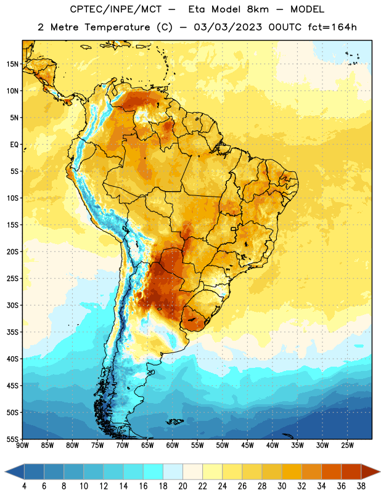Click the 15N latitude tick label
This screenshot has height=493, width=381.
12,64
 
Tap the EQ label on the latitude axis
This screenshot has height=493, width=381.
14,145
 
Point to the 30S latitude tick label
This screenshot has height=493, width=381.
12,305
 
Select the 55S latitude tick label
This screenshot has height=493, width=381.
12,439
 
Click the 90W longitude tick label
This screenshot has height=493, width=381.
22,445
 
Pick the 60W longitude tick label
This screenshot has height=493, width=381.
173,445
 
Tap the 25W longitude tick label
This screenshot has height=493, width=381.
347,445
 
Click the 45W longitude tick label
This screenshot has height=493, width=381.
247,445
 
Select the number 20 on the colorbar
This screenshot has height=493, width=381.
182,486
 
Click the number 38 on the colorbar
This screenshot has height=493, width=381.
361,486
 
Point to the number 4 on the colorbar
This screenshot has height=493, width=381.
24,486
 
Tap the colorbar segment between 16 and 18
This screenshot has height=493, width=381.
154,471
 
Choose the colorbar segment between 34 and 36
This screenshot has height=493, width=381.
332,471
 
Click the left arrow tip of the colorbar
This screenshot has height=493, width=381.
5,471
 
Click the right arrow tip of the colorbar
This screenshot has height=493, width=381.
380,471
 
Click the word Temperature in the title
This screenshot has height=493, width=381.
117,27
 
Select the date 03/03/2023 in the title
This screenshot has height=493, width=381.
227,27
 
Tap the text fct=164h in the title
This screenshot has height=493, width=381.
332,27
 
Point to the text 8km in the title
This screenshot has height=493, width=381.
258,9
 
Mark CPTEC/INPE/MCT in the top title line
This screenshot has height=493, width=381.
116,9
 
